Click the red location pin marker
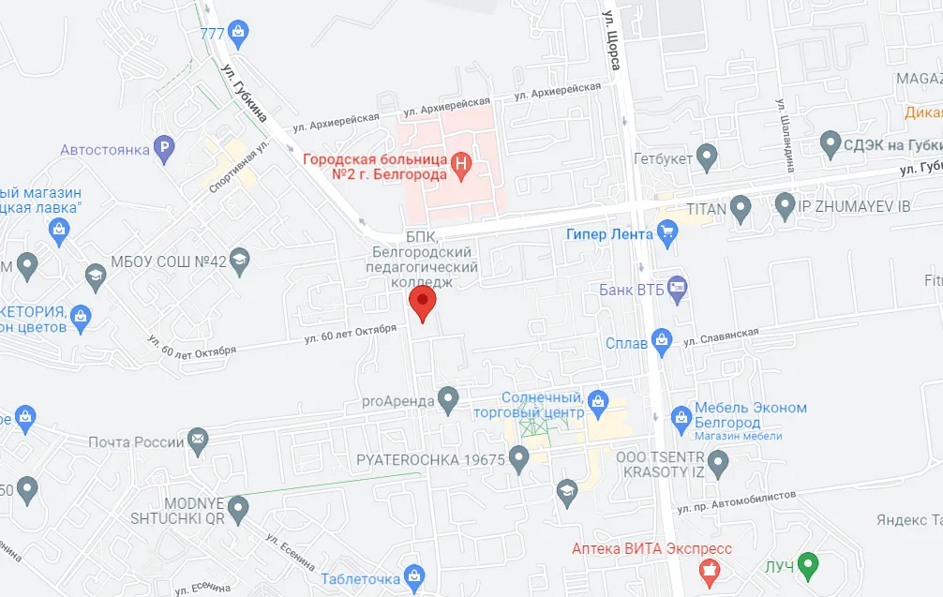(424, 303)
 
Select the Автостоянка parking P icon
(165, 149)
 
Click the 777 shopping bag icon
(238, 34)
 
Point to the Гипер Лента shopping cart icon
(667, 234)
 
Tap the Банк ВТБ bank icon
(677, 289)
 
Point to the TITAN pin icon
(741, 208)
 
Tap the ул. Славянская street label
(720, 336)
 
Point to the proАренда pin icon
(449, 401)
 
